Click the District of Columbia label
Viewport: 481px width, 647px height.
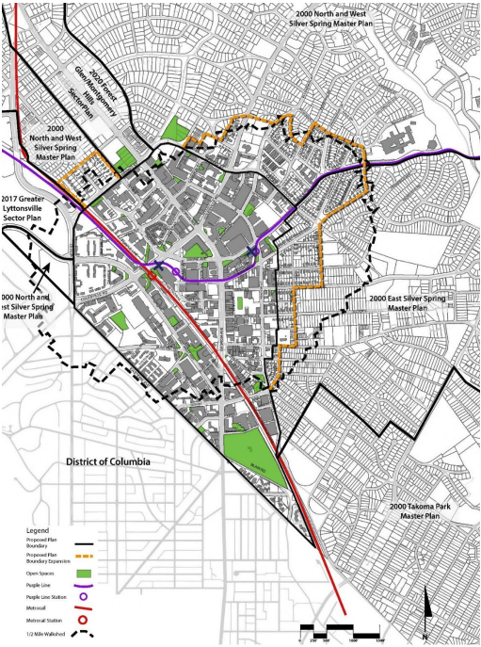pyautogui.click(x=108, y=461)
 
